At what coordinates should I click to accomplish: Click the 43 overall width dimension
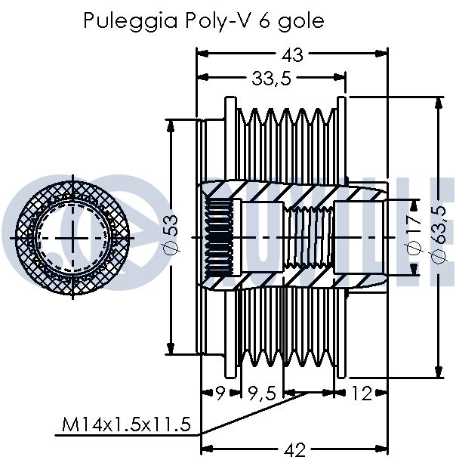coord(293,55)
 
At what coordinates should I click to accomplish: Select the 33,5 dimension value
coord(271,79)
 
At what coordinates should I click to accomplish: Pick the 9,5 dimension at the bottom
coord(262,393)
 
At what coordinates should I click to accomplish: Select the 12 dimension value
coord(361,393)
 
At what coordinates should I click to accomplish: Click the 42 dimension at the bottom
coord(294,450)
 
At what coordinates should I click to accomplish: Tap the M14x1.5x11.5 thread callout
coord(126,424)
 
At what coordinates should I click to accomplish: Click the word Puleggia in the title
coord(131,22)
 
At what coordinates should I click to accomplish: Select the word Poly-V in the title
coord(220,21)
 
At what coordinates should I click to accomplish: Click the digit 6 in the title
coord(265,21)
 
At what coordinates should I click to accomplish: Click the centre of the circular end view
coord(72,238)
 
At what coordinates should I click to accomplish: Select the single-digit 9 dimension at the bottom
coord(220,393)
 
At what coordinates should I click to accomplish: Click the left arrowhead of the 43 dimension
coord(202,54)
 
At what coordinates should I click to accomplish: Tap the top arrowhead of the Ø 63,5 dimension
coord(438,103)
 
